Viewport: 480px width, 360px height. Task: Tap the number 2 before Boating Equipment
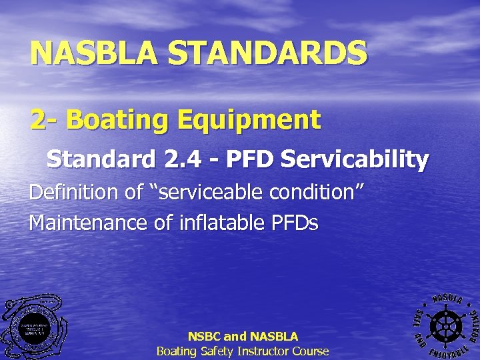(39, 121)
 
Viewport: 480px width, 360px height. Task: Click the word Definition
(75, 193)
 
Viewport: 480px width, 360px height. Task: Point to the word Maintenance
(89, 222)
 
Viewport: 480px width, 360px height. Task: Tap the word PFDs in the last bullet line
(294, 222)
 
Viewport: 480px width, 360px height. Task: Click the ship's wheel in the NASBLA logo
(442, 324)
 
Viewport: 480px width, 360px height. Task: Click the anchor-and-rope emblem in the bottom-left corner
(33, 328)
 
